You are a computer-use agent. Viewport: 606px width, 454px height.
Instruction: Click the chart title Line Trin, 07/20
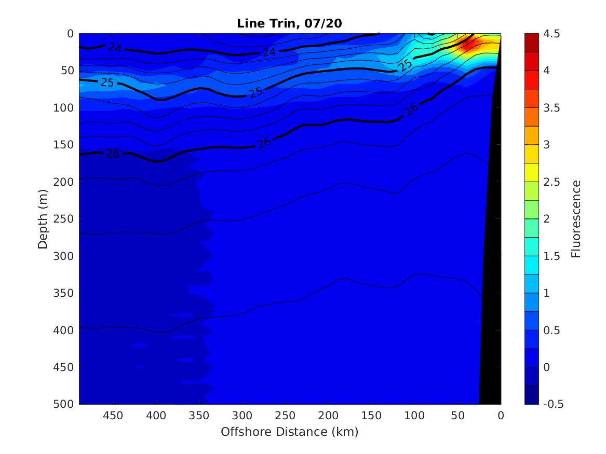[289, 23]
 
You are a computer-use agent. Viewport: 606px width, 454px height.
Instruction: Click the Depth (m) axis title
[43, 218]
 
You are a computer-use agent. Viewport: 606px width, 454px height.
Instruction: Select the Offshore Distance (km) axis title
[289, 432]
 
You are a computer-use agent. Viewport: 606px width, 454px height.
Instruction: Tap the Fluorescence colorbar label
[575, 218]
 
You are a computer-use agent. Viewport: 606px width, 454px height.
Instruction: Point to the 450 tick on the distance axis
[113, 416]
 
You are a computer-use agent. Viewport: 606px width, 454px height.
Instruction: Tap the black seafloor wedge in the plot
[491, 311]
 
